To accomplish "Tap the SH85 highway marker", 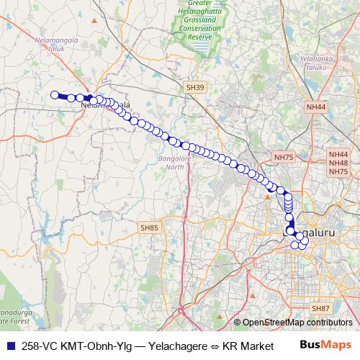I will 149,228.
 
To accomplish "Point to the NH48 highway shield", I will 338,163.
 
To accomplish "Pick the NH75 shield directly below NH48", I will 338,172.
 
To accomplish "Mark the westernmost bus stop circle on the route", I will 54,94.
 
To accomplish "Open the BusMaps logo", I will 325,345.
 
